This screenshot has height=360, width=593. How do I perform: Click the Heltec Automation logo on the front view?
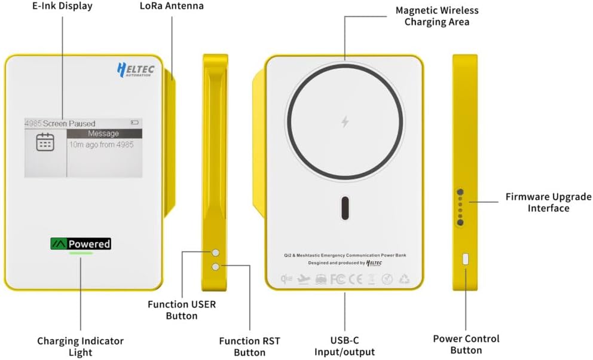click(x=135, y=70)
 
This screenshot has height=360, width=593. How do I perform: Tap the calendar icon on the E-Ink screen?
click(x=45, y=142)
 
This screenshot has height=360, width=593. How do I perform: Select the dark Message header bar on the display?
click(x=104, y=133)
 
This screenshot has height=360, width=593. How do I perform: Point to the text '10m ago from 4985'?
click(x=101, y=144)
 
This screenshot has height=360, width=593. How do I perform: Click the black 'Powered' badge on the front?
click(x=81, y=243)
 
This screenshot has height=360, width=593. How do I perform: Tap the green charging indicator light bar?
click(x=81, y=253)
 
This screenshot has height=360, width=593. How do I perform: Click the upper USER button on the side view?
click(x=216, y=254)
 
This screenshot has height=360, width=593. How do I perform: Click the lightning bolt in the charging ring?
click(x=345, y=122)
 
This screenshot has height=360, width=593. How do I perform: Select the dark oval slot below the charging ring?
click(x=345, y=208)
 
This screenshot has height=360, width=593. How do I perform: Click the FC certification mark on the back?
click(x=338, y=279)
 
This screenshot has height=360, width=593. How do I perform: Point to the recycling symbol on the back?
click(x=405, y=279)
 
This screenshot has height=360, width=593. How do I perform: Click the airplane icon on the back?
click(x=304, y=279)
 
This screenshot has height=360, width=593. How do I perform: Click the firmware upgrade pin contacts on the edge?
click(x=460, y=208)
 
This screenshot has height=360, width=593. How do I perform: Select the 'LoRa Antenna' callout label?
click(x=172, y=6)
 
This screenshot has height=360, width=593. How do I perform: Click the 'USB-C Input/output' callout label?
click(x=344, y=346)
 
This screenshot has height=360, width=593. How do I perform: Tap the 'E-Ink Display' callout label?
click(x=63, y=6)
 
